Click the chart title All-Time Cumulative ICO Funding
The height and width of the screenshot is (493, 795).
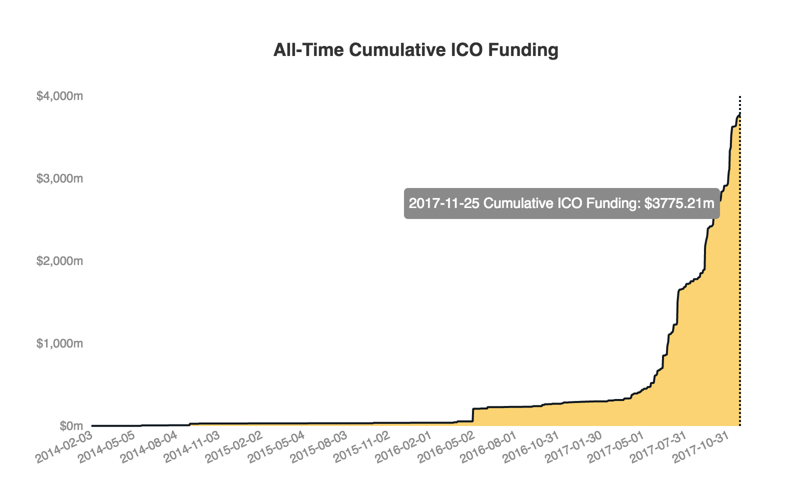(415, 50)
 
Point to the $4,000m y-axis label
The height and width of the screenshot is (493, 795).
(59, 96)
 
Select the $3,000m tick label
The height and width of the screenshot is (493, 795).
(59, 178)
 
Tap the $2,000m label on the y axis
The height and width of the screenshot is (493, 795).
(59, 261)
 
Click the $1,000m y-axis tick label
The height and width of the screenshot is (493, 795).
(59, 343)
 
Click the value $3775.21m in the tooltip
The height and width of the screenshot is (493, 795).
(679, 203)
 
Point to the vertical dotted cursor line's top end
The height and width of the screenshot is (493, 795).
(739, 97)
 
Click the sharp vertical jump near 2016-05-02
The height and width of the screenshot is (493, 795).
(473, 415)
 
